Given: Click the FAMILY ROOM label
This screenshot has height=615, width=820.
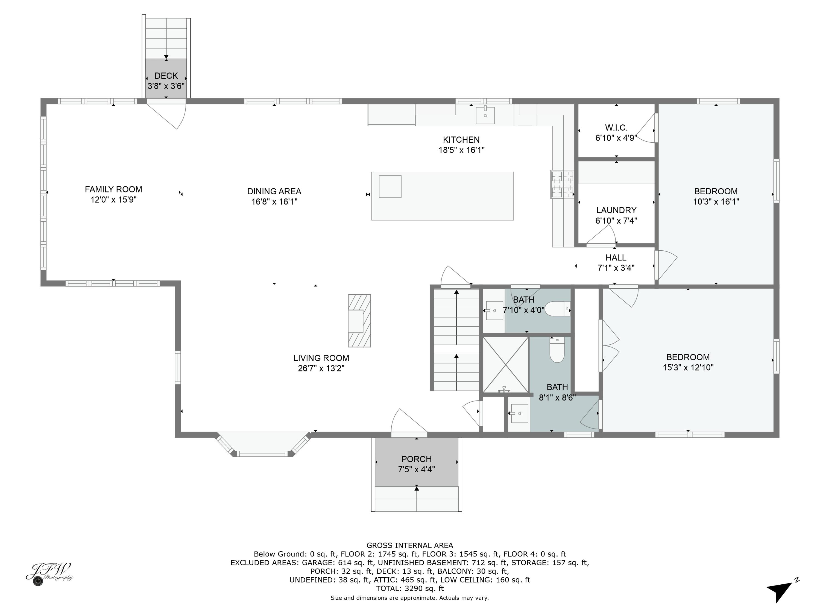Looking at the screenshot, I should [x=113, y=189].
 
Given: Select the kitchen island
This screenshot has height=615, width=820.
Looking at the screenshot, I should [x=442, y=196].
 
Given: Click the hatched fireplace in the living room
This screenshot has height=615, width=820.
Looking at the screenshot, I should [x=359, y=321].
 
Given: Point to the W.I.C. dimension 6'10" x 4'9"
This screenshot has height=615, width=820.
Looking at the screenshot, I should [x=616, y=138].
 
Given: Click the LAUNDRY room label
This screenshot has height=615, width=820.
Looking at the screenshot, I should [x=616, y=210].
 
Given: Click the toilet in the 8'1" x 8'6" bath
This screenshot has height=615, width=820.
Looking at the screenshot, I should [x=557, y=350].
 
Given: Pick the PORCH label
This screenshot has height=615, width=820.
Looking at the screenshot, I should [x=416, y=459].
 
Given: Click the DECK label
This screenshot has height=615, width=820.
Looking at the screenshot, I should [x=166, y=76].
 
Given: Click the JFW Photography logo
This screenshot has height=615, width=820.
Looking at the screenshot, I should [x=49, y=573].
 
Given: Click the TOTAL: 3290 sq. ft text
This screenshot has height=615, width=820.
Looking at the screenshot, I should [x=410, y=588].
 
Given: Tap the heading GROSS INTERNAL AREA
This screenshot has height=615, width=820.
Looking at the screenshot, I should [x=410, y=545].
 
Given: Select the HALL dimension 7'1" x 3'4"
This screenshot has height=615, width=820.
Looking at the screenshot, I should [x=616, y=268].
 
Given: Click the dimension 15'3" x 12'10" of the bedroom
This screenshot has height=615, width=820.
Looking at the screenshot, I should [x=688, y=367].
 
